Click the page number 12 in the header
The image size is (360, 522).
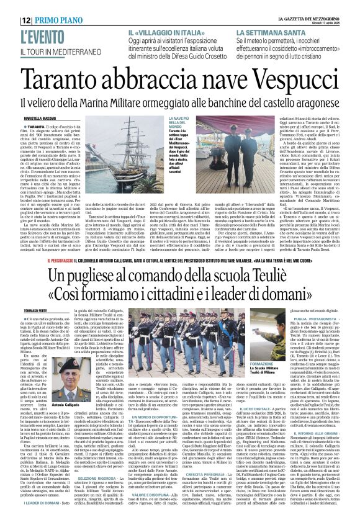click(12, 4)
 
